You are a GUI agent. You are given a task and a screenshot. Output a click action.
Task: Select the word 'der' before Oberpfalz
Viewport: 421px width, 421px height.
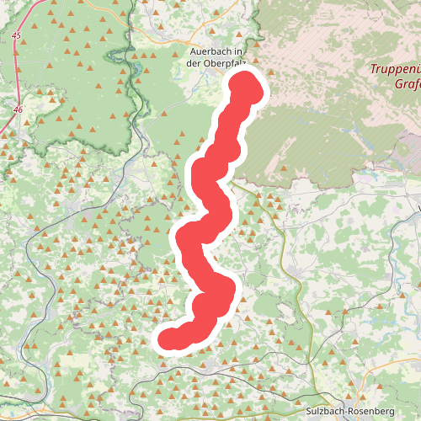[x=195, y=62]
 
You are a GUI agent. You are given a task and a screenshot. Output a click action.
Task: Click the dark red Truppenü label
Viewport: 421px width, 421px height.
[x=395, y=70]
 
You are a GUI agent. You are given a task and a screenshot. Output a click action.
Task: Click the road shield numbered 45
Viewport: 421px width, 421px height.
[x=17, y=35]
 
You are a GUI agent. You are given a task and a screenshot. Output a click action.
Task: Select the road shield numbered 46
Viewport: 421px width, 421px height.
[x=18, y=109]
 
